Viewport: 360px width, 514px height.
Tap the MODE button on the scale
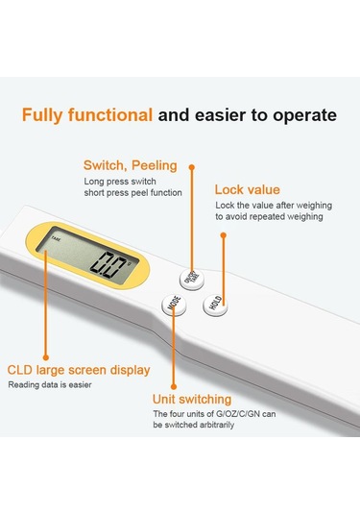pos(175,305)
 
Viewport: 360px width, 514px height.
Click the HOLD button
pos(215,305)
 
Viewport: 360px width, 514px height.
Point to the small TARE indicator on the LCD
pos(56,239)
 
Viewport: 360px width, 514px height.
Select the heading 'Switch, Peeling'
pos(130,165)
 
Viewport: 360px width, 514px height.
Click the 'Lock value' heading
pos(248,190)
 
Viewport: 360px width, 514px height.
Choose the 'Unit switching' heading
pos(192,400)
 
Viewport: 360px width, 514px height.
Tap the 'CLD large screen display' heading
pos(79,370)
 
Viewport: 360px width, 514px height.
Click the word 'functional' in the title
pos(110,115)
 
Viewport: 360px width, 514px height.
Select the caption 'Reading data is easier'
pos(50,385)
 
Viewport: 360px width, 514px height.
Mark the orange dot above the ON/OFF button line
pos(192,167)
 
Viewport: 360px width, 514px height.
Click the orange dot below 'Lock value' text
pos(224,235)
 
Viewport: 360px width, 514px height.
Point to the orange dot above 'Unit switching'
pos(174,387)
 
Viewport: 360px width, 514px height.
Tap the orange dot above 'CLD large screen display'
pos(46,357)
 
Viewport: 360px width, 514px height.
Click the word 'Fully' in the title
pos(41,115)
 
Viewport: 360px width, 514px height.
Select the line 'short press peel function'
pos(133,193)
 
